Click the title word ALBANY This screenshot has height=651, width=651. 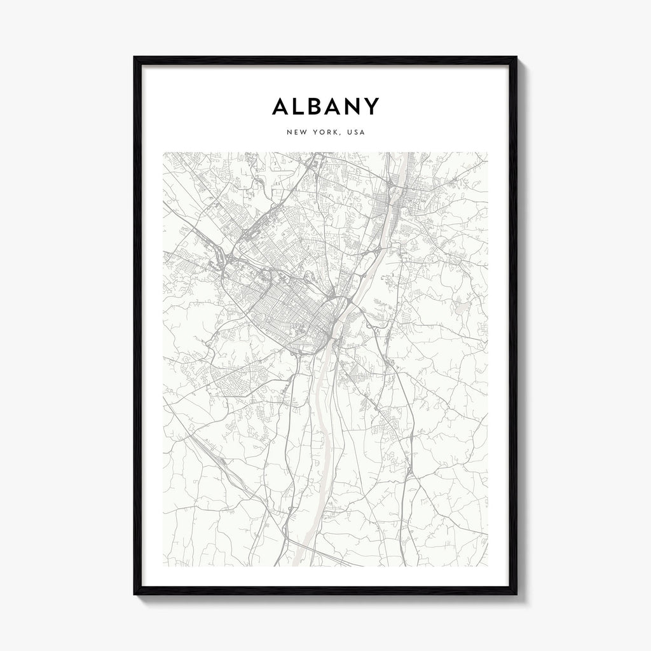click(325, 106)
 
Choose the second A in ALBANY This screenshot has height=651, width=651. click(334, 106)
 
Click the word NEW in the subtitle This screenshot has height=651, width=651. click(296, 133)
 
